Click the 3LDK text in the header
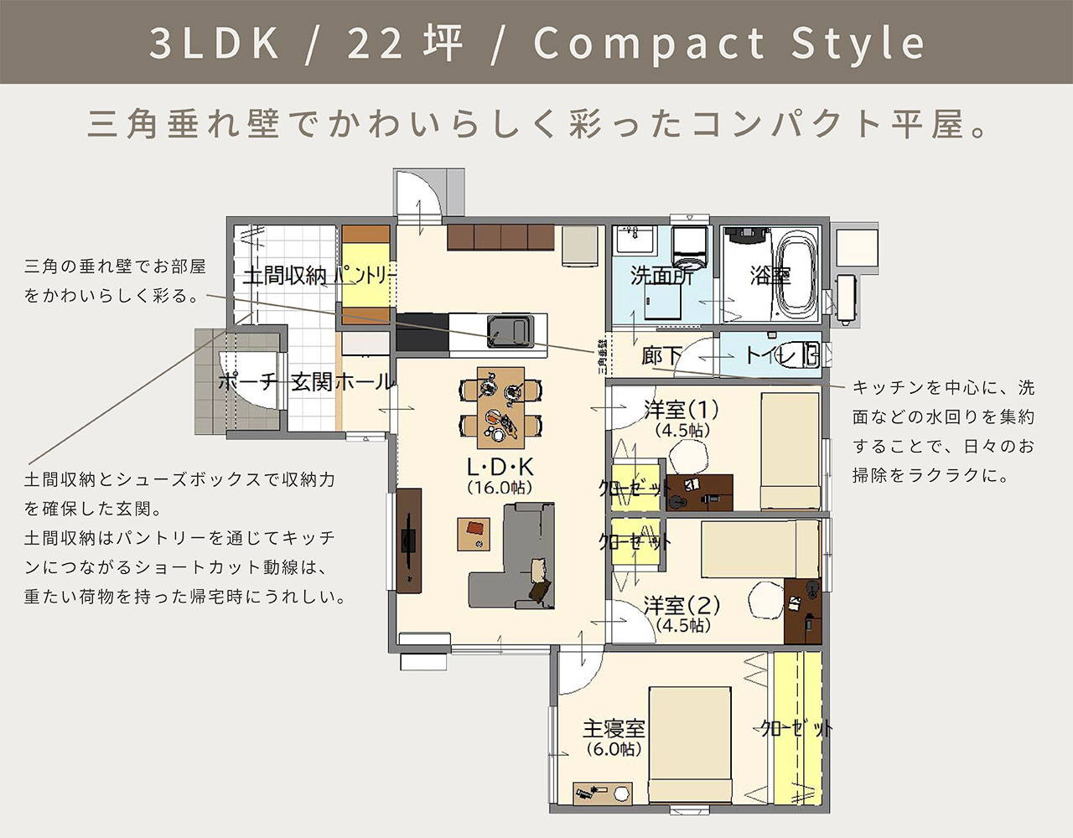click(215, 43)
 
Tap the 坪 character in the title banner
click(443, 43)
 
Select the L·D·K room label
click(500, 467)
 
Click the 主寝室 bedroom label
click(614, 728)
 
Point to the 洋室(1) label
click(682, 409)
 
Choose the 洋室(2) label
click(682, 605)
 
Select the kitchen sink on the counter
click(510, 331)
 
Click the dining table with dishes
click(500, 407)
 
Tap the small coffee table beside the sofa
click(474, 534)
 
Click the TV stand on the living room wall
click(409, 541)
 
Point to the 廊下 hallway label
click(661, 356)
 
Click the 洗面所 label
click(661, 277)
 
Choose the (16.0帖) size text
click(500, 488)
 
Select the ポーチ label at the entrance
click(246, 381)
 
